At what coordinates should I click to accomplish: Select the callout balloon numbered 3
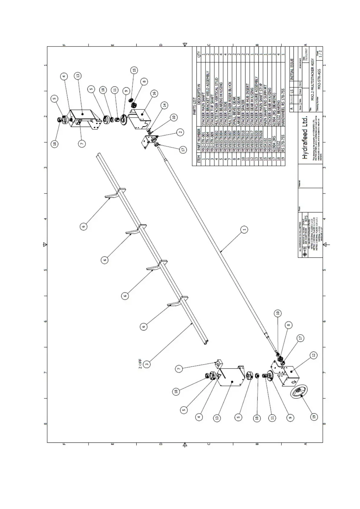[147, 364]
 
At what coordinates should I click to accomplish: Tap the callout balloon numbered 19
[314, 417]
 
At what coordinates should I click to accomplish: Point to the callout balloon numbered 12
[314, 355]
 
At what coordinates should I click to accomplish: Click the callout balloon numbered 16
[154, 93]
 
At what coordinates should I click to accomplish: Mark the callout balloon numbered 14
[165, 105]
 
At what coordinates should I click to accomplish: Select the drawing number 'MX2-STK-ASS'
[319, 78]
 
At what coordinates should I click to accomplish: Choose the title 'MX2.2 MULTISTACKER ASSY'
[313, 79]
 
